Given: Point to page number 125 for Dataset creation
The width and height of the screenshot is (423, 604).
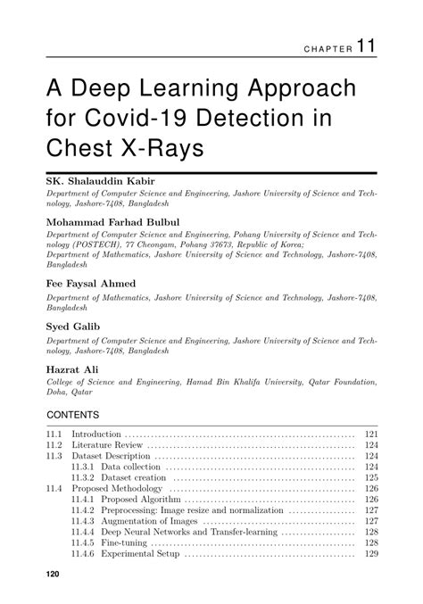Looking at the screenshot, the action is [371, 478].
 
